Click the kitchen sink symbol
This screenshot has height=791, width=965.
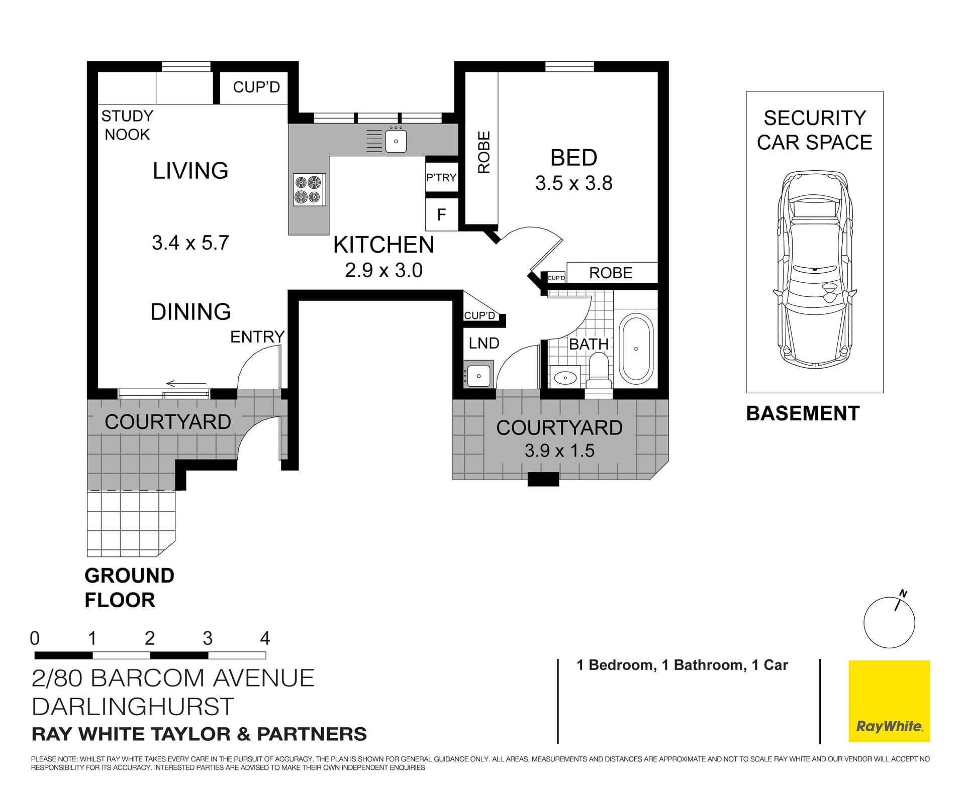[396, 141]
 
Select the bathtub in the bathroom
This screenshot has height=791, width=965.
[636, 349]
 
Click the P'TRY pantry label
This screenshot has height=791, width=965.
[441, 177]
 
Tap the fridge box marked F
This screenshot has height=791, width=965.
[441, 215]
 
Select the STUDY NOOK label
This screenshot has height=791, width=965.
[127, 125]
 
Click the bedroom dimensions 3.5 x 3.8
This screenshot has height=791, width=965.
[573, 183]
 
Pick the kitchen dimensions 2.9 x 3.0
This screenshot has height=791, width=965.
[383, 270]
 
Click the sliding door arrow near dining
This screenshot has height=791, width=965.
[185, 384]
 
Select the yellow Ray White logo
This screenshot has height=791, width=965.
[889, 701]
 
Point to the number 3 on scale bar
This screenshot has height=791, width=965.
[208, 638]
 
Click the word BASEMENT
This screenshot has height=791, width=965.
[803, 413]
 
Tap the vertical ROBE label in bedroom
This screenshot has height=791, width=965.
[484, 152]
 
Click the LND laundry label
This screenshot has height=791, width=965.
[484, 343]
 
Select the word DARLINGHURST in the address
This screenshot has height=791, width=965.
[133, 707]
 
